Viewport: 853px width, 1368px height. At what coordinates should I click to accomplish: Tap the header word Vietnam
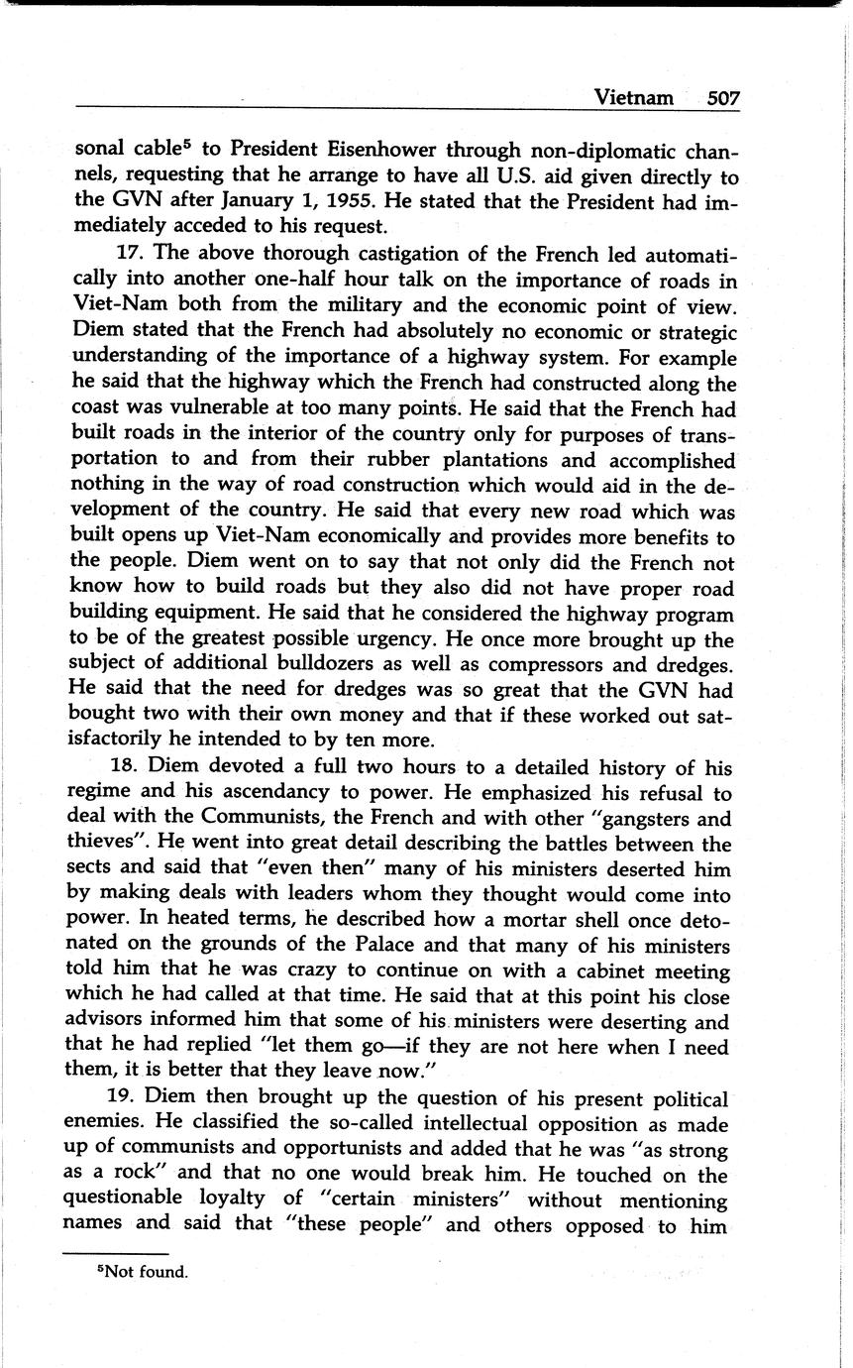(634, 97)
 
